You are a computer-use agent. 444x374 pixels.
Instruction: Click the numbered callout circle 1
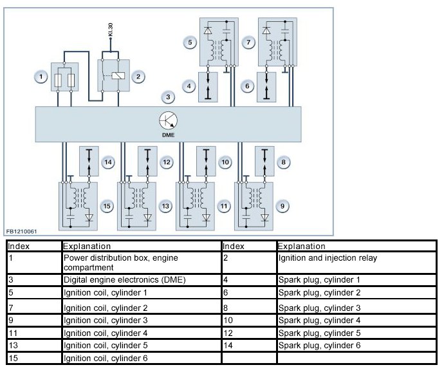point(41,77)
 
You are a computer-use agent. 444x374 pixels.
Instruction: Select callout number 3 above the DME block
point(167,97)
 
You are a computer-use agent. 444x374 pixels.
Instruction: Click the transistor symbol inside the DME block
point(169,120)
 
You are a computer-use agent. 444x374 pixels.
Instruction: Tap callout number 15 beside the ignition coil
point(107,206)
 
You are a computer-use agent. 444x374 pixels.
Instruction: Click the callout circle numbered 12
point(167,162)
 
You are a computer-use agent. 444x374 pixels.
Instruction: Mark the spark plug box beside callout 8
point(265,161)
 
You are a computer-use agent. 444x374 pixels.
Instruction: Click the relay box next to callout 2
point(112,75)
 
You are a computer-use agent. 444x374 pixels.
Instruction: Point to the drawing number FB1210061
point(23,231)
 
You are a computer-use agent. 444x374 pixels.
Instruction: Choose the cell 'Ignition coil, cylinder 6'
point(141,358)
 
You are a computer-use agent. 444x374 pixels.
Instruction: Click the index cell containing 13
point(34,346)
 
